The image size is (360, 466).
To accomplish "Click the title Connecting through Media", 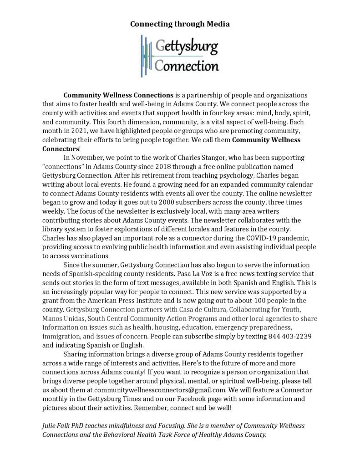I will click(180, 24).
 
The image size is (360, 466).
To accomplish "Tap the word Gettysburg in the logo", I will click(187, 47).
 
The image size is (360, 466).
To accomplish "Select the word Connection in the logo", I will click(187, 66).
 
